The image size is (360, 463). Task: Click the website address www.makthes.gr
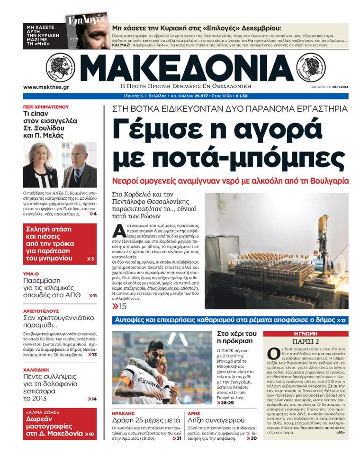point(46,87)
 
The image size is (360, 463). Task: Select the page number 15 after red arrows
point(123,306)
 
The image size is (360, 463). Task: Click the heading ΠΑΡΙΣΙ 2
point(306,342)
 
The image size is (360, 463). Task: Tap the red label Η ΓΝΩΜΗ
point(306,333)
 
